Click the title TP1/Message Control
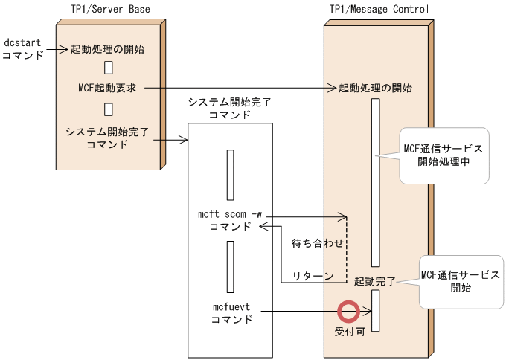pyautogui.click(x=379, y=9)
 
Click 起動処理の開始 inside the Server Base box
pyautogui.click(x=107, y=50)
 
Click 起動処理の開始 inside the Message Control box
pyautogui.click(x=375, y=88)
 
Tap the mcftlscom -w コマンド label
pyautogui.click(x=231, y=220)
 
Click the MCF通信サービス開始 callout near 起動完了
pyautogui.click(x=460, y=281)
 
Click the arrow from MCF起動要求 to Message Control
pyautogui.click(x=238, y=88)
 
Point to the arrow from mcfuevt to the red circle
pyautogui.click(x=294, y=311)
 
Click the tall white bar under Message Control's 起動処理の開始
pyautogui.click(x=376, y=182)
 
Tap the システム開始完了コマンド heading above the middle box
pyautogui.click(x=230, y=109)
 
